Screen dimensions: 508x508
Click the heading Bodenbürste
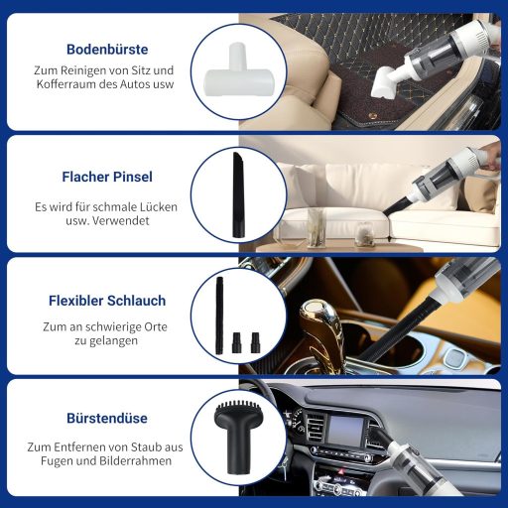107,50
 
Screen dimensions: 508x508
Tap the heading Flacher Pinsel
107,177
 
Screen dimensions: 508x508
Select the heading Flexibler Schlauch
107,301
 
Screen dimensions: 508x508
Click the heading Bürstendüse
107,418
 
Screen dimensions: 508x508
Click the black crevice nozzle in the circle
238,194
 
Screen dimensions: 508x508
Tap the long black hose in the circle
219,316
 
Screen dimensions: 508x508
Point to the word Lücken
160,207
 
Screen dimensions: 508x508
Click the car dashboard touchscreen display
345,430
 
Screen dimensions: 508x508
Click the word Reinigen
79,70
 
